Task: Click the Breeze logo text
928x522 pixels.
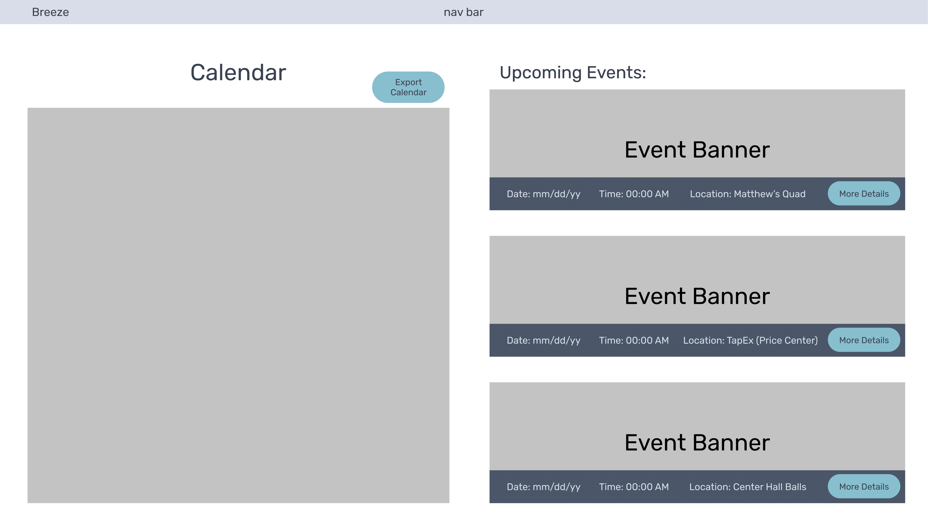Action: tap(50, 12)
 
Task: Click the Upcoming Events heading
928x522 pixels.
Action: tap(573, 73)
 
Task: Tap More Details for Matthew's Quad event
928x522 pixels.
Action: tap(864, 194)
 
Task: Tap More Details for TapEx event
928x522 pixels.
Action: tap(864, 340)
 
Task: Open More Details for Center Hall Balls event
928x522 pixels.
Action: tap(864, 487)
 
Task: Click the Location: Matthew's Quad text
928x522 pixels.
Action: tap(748, 194)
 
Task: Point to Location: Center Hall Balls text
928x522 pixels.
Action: tap(748, 487)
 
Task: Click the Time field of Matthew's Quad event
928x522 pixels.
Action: tap(634, 194)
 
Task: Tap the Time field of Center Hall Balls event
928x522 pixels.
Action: tap(634, 487)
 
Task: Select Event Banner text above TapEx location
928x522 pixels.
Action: tap(697, 296)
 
